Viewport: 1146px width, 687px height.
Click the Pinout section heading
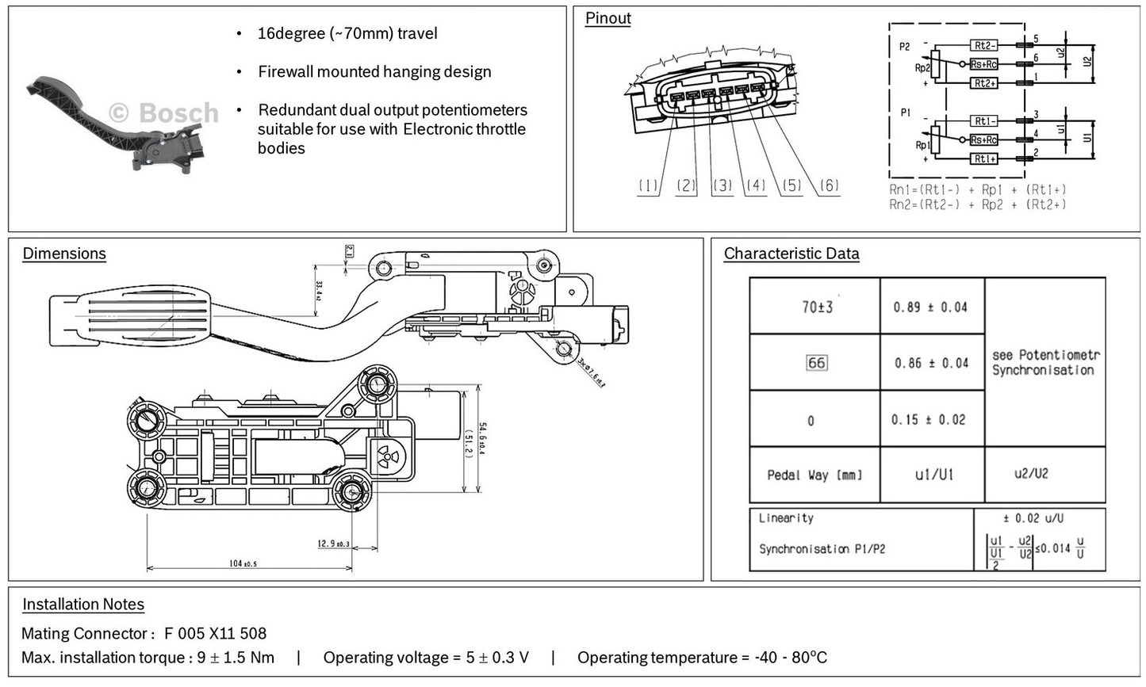(x=607, y=18)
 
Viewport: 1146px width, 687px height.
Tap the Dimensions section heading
(x=64, y=254)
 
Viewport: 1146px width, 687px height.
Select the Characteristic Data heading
(x=791, y=254)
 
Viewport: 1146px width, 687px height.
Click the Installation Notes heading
(x=83, y=605)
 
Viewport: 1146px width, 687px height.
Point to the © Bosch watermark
(x=163, y=113)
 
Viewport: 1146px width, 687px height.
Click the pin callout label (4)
(x=755, y=186)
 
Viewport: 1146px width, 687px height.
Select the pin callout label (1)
(x=648, y=186)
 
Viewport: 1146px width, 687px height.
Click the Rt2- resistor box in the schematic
(x=983, y=45)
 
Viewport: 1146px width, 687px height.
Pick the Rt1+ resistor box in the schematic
(x=983, y=159)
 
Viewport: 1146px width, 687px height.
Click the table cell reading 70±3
(x=816, y=307)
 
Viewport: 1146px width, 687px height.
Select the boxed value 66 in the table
(x=815, y=363)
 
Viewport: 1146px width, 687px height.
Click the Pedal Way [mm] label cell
(x=814, y=475)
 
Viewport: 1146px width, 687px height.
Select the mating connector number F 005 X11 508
(x=215, y=633)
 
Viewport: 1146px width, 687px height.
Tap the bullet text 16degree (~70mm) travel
(x=347, y=33)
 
